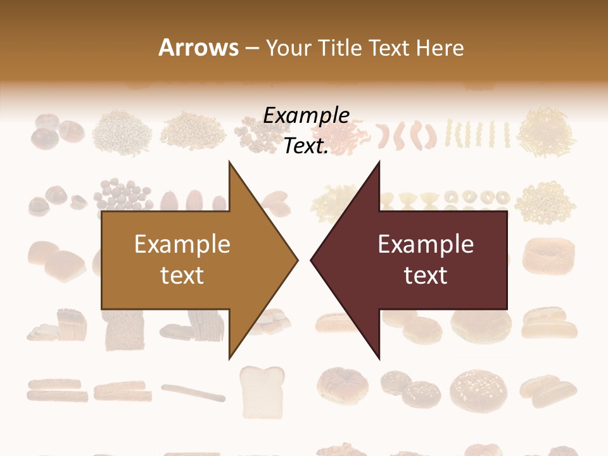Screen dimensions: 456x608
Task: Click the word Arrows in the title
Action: pos(198,48)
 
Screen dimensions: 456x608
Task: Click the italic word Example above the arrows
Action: pos(306,116)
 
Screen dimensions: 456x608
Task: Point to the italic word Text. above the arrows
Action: pos(306,146)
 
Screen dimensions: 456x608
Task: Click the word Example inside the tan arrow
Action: pos(182,244)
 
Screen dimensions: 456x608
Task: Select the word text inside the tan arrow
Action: pos(182,275)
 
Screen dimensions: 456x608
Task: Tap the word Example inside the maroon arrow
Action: pos(426,244)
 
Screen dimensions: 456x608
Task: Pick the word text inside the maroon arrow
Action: pos(426,275)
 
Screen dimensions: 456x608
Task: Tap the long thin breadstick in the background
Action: pos(193,393)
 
